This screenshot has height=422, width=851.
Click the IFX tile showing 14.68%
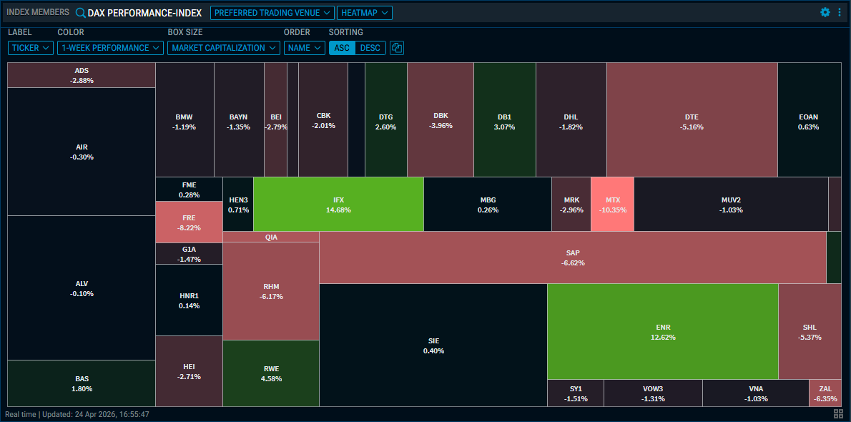point(338,205)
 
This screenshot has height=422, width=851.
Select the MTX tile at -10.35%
point(612,205)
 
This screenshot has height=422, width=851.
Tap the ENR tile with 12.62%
point(662,331)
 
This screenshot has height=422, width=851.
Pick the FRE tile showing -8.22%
point(189,222)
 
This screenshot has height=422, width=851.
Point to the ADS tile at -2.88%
point(82,75)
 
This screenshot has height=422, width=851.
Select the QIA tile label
point(271,237)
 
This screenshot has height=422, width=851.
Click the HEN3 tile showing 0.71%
point(238,205)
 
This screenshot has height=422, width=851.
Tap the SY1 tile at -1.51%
point(575,393)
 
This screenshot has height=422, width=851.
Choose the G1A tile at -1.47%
point(189,254)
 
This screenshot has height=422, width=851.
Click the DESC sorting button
point(370,48)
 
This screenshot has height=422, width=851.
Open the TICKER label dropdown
point(31,48)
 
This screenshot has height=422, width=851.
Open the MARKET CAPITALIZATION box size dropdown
point(223,48)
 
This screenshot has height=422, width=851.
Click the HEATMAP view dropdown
point(364,13)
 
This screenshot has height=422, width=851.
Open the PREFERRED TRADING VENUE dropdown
point(272,13)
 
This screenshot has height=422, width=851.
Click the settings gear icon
point(825,12)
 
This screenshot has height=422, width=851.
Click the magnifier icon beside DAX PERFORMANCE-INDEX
point(80,13)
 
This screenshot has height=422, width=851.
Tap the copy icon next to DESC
point(397,48)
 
